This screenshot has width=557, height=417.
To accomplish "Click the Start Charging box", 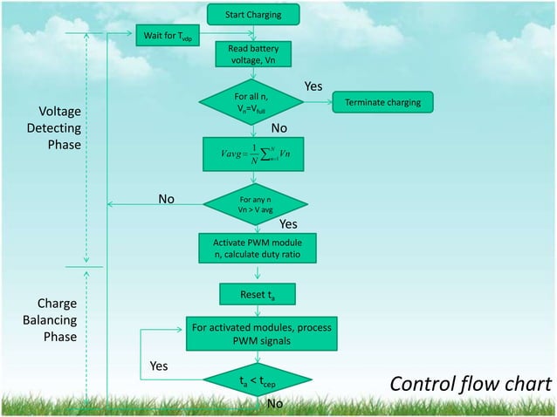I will tap(253, 15).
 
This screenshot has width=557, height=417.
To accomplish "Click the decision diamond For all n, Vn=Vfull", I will tap(252, 103).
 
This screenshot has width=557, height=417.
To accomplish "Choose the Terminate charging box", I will tap(382, 103).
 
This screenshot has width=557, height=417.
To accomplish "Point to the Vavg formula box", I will tap(252, 156).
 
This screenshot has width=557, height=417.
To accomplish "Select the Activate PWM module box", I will tap(252, 248).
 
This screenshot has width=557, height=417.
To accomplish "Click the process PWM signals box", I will tap(259, 334).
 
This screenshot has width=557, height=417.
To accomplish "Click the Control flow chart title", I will tap(470, 385).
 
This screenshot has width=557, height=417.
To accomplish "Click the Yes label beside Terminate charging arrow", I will tap(313, 86).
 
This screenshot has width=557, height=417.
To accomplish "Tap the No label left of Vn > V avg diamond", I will tap(167, 200).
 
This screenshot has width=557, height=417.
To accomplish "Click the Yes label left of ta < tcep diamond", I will tap(159, 366).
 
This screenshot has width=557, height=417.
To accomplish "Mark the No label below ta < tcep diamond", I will tap(274, 404).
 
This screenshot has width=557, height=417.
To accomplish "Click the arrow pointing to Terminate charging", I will tap(318, 103).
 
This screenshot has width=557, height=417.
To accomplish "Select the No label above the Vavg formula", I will tap(278, 128).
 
